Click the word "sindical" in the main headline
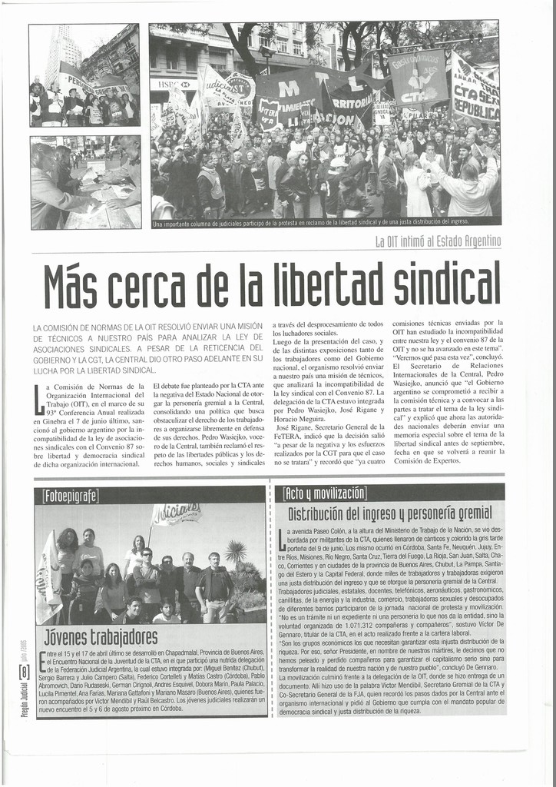point(447,283)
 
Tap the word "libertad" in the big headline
point(323,283)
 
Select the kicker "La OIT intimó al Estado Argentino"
point(438,242)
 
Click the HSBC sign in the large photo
point(174,84)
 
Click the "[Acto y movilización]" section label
point(325,493)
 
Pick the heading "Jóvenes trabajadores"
point(101,636)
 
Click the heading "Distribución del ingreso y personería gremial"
point(389,513)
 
